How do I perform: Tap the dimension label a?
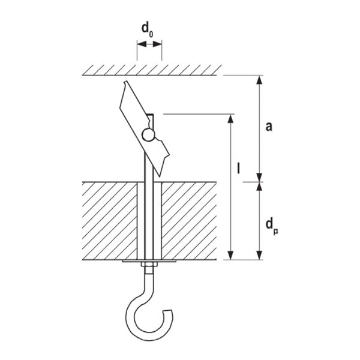coord(269,126)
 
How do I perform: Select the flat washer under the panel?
coord(148,262)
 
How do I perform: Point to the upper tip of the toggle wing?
coord(124,83)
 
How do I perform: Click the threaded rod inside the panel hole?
coord(148,222)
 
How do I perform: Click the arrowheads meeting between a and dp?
coord(260,181)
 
